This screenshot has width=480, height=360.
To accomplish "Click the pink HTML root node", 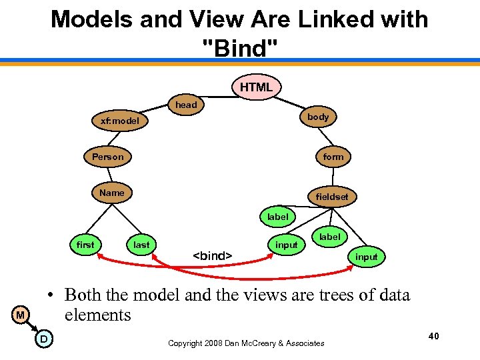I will click(256, 87).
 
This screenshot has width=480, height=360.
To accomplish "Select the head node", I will click(186, 105).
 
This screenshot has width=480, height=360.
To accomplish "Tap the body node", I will click(318, 117).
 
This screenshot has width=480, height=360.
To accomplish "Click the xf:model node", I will click(119, 121).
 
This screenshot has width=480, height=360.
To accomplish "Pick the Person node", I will click(108, 157).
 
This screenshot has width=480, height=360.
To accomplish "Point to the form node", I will click(333, 157).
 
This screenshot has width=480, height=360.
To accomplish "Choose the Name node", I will click(112, 193).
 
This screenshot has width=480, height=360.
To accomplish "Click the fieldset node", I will click(332, 197).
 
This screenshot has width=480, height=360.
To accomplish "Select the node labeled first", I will click(85, 245).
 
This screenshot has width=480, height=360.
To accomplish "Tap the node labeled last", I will click(141, 245).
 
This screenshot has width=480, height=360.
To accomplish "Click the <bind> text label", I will click(212, 255).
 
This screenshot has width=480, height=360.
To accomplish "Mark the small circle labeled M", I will click(21, 315).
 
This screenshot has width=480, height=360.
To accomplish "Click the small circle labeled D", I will click(43, 339).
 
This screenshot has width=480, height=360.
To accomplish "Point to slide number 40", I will click(433, 337).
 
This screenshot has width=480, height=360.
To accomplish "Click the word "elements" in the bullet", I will click(97, 315).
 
